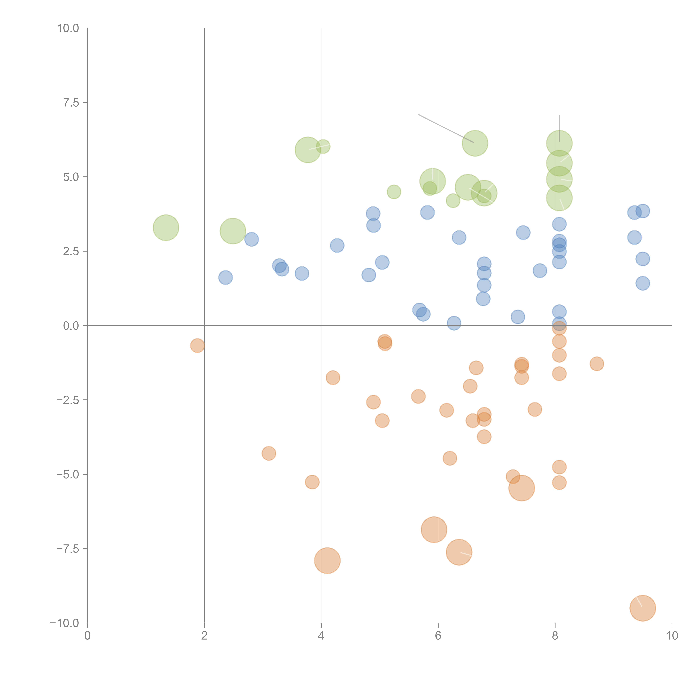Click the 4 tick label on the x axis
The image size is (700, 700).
coord(321,636)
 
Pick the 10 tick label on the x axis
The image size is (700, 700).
coord(672,636)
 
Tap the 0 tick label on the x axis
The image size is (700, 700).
coord(87,636)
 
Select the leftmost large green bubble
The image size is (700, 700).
coord(166,228)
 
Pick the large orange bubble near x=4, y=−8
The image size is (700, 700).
coord(327,561)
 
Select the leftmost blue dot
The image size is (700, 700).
coord(225,277)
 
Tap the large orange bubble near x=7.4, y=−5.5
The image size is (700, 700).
coord(521,488)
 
